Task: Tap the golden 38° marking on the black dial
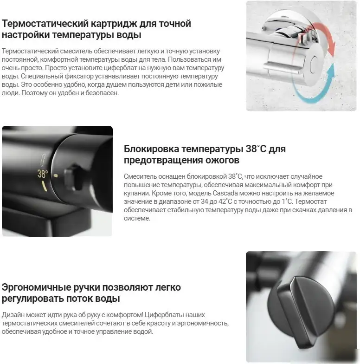[43, 174]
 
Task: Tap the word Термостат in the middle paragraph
[311, 201]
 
